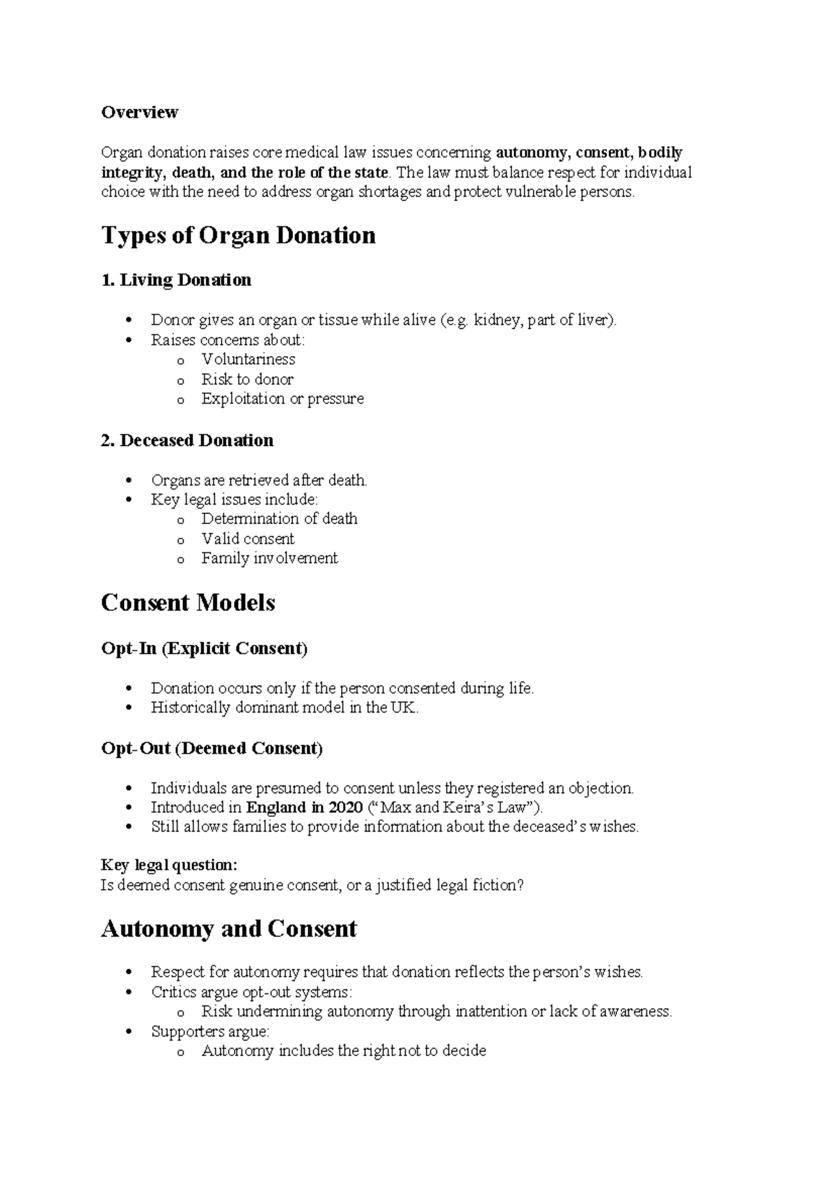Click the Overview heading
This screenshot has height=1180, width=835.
[x=139, y=112]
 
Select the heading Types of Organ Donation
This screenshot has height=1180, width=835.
[x=238, y=235]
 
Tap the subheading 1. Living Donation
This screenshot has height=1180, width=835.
[x=176, y=280]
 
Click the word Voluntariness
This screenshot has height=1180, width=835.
[x=248, y=360]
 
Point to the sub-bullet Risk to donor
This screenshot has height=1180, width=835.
[x=247, y=379]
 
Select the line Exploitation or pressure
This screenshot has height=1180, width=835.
[x=282, y=399]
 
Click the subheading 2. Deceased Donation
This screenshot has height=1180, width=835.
[x=187, y=440]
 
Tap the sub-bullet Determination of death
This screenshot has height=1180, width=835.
[x=279, y=519]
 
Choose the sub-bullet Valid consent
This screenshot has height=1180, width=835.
[x=248, y=539]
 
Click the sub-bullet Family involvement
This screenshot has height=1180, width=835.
[x=269, y=558]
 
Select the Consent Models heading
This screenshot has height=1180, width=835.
[x=188, y=603]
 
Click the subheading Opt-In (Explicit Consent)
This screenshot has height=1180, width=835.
[x=204, y=648]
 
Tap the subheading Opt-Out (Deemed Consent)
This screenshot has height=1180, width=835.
[x=212, y=749]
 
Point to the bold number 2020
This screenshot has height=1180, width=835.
[x=345, y=808]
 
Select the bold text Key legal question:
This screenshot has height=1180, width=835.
[x=169, y=865]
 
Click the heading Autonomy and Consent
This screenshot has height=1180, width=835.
[x=228, y=929]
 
